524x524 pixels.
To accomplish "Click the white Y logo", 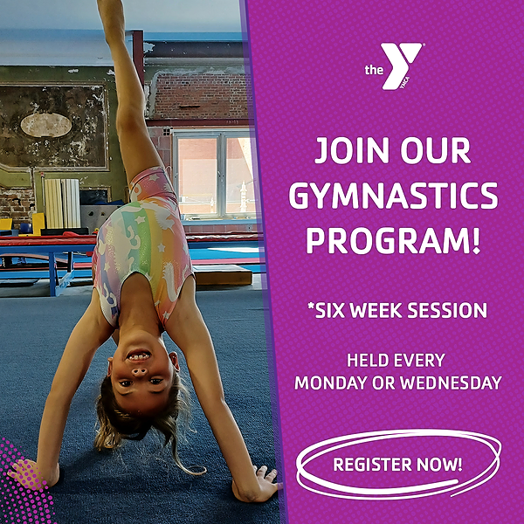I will coord(404,66).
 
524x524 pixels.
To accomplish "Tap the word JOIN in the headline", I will coord(350,151).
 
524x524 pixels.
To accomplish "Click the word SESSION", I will coord(448,310).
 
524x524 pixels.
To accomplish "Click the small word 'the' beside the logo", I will coord(375,70).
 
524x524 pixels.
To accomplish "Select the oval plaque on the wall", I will coord(45,125).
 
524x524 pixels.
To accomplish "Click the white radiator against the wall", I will coord(62,203).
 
